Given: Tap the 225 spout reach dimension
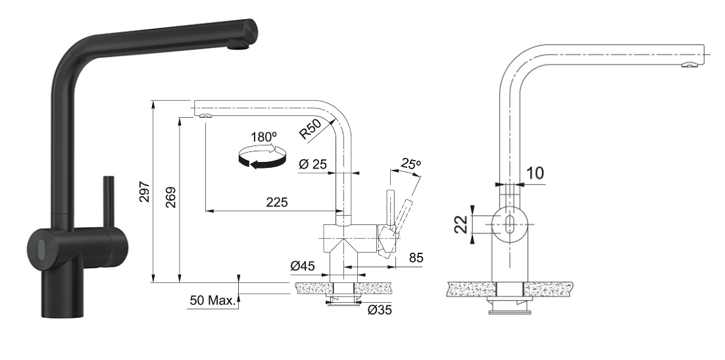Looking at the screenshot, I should [x=277, y=203].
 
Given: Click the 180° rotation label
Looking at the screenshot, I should [x=263, y=138].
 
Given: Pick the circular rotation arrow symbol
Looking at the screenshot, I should [x=262, y=159].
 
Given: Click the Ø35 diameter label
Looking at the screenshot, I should [x=380, y=309].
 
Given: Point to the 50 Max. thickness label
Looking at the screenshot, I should [x=212, y=301].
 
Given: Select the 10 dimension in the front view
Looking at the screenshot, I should [x=534, y=174].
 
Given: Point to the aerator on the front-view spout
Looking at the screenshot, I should [x=688, y=64].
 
